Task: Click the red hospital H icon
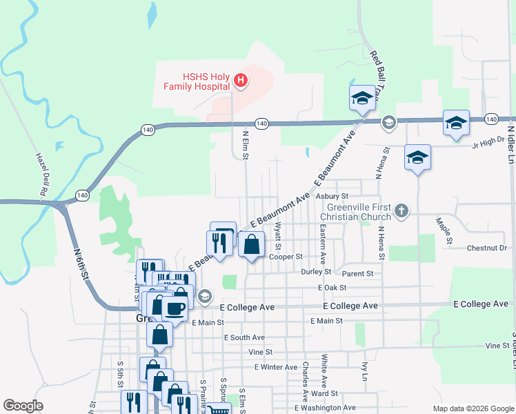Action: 241,81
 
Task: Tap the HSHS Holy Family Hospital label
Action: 196,81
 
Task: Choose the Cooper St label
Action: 286,257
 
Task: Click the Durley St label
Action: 316,272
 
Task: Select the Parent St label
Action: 357,273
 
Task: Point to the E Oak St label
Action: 332,287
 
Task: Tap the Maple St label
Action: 443,231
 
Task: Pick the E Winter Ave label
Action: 275,367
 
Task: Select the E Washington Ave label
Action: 325,408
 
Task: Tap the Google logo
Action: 23,406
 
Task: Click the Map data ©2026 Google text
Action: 473,408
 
